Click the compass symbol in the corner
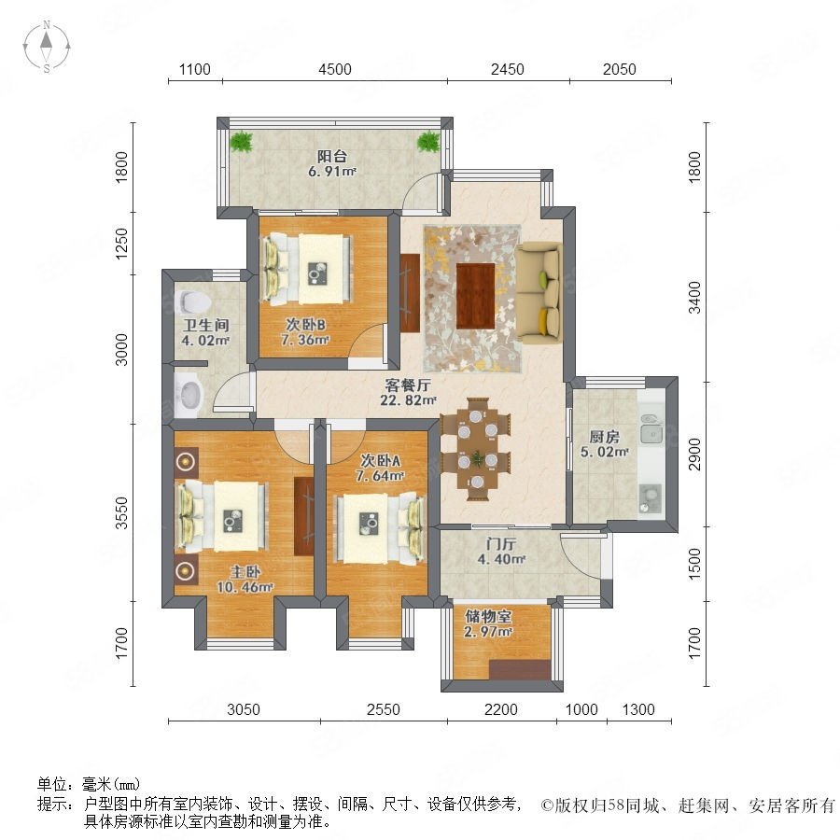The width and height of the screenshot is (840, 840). (x=47, y=47)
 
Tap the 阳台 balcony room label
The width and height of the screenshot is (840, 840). (x=332, y=157)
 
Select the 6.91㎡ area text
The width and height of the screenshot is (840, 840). (x=332, y=172)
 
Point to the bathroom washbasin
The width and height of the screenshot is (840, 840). (x=188, y=395)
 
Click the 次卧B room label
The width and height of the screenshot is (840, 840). (x=305, y=325)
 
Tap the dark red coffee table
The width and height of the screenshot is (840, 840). (x=475, y=296)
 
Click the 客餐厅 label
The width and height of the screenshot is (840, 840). (x=408, y=385)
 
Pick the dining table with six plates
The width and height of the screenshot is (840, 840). (x=476, y=450)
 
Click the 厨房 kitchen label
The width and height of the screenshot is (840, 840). (x=604, y=437)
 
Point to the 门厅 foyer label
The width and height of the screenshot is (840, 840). (x=501, y=544)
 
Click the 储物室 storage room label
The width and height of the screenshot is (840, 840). (x=488, y=617)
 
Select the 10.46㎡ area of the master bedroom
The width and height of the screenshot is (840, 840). (x=245, y=587)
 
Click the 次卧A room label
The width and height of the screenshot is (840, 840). (x=381, y=461)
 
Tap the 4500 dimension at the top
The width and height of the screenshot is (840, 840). (x=335, y=69)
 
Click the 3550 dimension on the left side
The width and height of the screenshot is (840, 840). (x=122, y=512)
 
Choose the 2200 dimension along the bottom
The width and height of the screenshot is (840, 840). (x=501, y=710)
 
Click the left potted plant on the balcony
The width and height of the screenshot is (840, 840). (x=242, y=142)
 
